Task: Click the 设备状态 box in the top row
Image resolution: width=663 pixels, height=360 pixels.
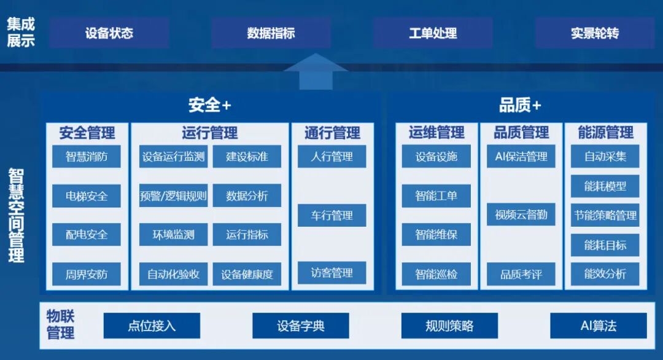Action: tap(109, 33)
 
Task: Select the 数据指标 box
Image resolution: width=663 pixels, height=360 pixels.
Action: tap(271, 33)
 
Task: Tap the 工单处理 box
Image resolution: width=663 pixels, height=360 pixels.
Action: tap(433, 33)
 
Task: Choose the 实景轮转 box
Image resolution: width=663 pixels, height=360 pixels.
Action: tap(594, 33)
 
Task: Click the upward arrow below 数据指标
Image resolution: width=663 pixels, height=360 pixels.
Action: tap(316, 72)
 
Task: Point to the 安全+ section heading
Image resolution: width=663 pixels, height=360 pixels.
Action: tap(209, 105)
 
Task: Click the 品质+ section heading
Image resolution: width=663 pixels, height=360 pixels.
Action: tap(519, 105)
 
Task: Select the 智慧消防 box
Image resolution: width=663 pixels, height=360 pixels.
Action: tap(87, 157)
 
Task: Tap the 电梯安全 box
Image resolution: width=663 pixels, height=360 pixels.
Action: tap(87, 196)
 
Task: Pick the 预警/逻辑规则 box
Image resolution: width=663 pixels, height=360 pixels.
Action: tap(173, 196)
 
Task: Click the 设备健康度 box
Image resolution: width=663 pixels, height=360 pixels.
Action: tap(247, 274)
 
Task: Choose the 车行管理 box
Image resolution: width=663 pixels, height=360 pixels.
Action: tap(332, 216)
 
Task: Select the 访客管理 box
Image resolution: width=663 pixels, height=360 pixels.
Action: tap(332, 273)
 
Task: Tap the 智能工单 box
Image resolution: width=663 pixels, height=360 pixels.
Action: tap(436, 196)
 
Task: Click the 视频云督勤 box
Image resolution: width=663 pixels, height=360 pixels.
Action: tap(521, 215)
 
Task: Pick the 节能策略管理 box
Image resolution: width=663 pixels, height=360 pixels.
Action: tap(605, 216)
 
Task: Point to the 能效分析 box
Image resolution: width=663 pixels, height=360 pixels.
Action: tap(605, 274)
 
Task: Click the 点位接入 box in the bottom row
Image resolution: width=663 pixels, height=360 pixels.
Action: tap(152, 326)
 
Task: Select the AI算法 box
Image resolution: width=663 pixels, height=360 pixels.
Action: tap(599, 326)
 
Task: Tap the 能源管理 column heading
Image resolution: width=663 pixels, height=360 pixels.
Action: tap(605, 132)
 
